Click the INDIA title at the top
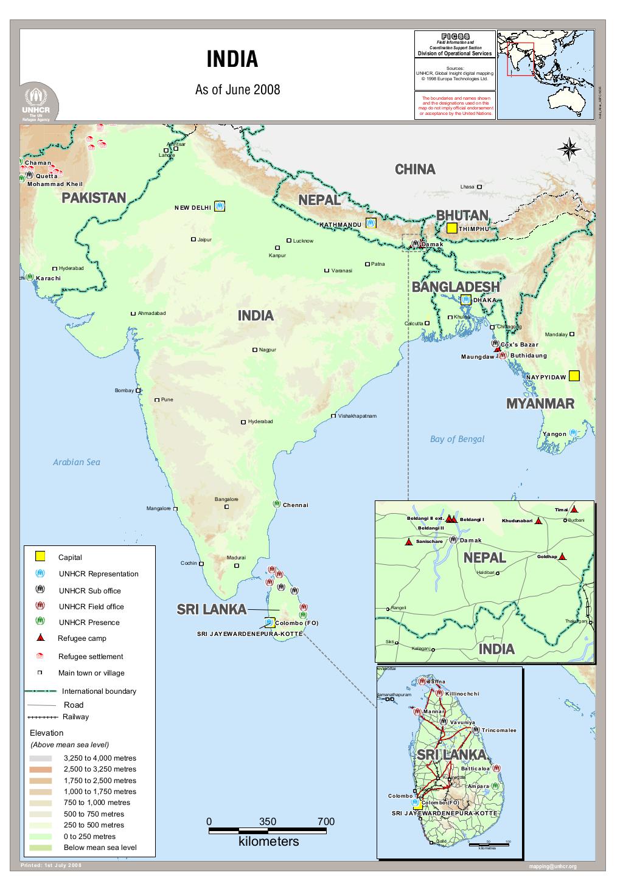coord(232,60)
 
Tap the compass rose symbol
coord(569,150)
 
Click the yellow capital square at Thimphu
coord(451,229)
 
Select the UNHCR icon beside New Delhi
coord(220,207)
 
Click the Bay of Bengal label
coord(457,439)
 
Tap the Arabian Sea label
coord(77,462)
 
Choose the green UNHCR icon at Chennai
coord(276,504)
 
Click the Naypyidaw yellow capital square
coord(574,376)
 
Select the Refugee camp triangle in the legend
coord(40,638)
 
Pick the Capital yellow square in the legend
coord(40,556)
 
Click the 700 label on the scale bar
coord(325,822)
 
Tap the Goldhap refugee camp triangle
coord(563,556)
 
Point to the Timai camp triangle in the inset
coord(574,510)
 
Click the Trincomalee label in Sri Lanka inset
coord(499,730)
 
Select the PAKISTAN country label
coord(94,198)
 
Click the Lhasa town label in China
coord(467,187)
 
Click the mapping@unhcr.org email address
coord(552,866)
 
